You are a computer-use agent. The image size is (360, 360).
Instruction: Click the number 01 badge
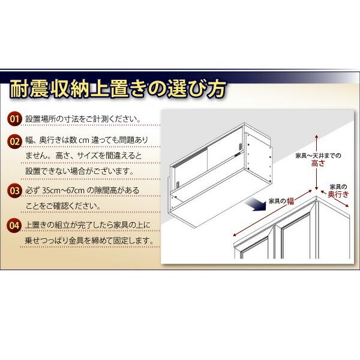pyautogui.click(x=14, y=118)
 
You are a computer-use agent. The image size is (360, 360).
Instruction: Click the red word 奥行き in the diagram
pyautogui.click(x=338, y=195)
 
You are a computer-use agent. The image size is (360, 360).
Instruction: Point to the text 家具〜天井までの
pyautogui.click(x=319, y=156)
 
